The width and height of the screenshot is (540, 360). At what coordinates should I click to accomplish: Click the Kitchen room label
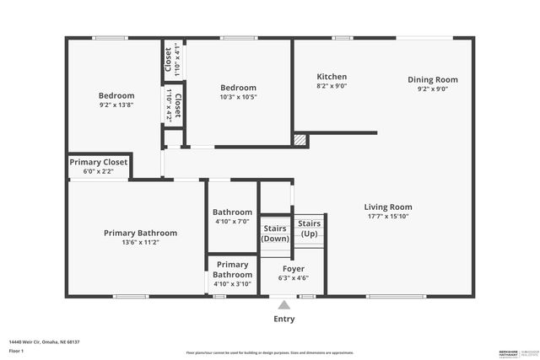pos(331,77)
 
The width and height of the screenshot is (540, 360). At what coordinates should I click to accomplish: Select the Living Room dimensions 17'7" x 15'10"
pos(387,216)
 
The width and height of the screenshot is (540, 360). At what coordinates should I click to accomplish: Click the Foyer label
pos(294,269)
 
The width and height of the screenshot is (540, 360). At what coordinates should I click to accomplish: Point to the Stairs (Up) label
pos(309,228)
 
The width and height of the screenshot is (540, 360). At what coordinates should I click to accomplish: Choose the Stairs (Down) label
pos(275,233)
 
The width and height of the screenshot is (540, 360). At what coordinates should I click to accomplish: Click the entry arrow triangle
pos(284,305)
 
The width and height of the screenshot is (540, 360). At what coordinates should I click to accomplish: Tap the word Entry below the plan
pos(284,320)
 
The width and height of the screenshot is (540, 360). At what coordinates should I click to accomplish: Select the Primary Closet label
pos(99,162)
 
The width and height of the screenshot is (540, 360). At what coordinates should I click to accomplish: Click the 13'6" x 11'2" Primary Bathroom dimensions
pos(140,242)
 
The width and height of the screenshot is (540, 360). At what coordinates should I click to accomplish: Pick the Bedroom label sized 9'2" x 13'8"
pos(116,96)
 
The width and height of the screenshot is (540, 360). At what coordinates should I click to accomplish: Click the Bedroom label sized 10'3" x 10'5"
pos(238,88)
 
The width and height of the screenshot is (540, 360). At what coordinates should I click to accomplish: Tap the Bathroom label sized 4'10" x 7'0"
pos(232,212)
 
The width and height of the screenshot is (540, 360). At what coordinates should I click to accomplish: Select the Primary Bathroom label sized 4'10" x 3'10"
pos(232,269)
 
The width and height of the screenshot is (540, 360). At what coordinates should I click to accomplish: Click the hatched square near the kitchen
pos(299,140)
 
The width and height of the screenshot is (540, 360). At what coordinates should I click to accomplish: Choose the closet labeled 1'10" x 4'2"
pos(174,105)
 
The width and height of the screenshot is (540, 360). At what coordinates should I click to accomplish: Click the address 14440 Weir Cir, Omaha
pos(44,341)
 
